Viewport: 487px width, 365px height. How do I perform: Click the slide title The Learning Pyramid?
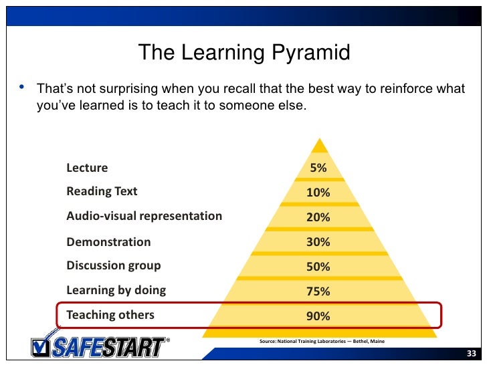[x=243, y=52]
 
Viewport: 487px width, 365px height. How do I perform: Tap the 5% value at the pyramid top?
[x=318, y=168]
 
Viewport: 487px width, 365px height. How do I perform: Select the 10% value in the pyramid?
[x=318, y=193]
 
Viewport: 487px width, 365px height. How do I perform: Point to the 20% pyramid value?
[x=318, y=217]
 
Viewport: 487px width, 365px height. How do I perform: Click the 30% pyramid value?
[x=318, y=242]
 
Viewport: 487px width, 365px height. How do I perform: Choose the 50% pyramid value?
[x=318, y=267]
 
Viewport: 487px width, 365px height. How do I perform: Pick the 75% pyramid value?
[x=318, y=291]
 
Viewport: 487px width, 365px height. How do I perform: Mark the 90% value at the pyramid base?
[x=318, y=316]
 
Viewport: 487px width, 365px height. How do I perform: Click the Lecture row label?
[x=87, y=168]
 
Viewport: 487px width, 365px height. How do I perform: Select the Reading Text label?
[x=102, y=191]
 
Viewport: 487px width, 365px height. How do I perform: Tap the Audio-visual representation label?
[x=144, y=216]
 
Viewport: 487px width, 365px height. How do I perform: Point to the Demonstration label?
[x=108, y=241]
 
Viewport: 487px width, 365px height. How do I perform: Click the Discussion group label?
[x=114, y=265]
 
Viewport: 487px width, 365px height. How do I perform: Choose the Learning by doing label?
[x=116, y=290]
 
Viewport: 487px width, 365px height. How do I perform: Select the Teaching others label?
[x=110, y=315]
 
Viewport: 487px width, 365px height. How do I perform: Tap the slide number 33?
[x=471, y=354]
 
